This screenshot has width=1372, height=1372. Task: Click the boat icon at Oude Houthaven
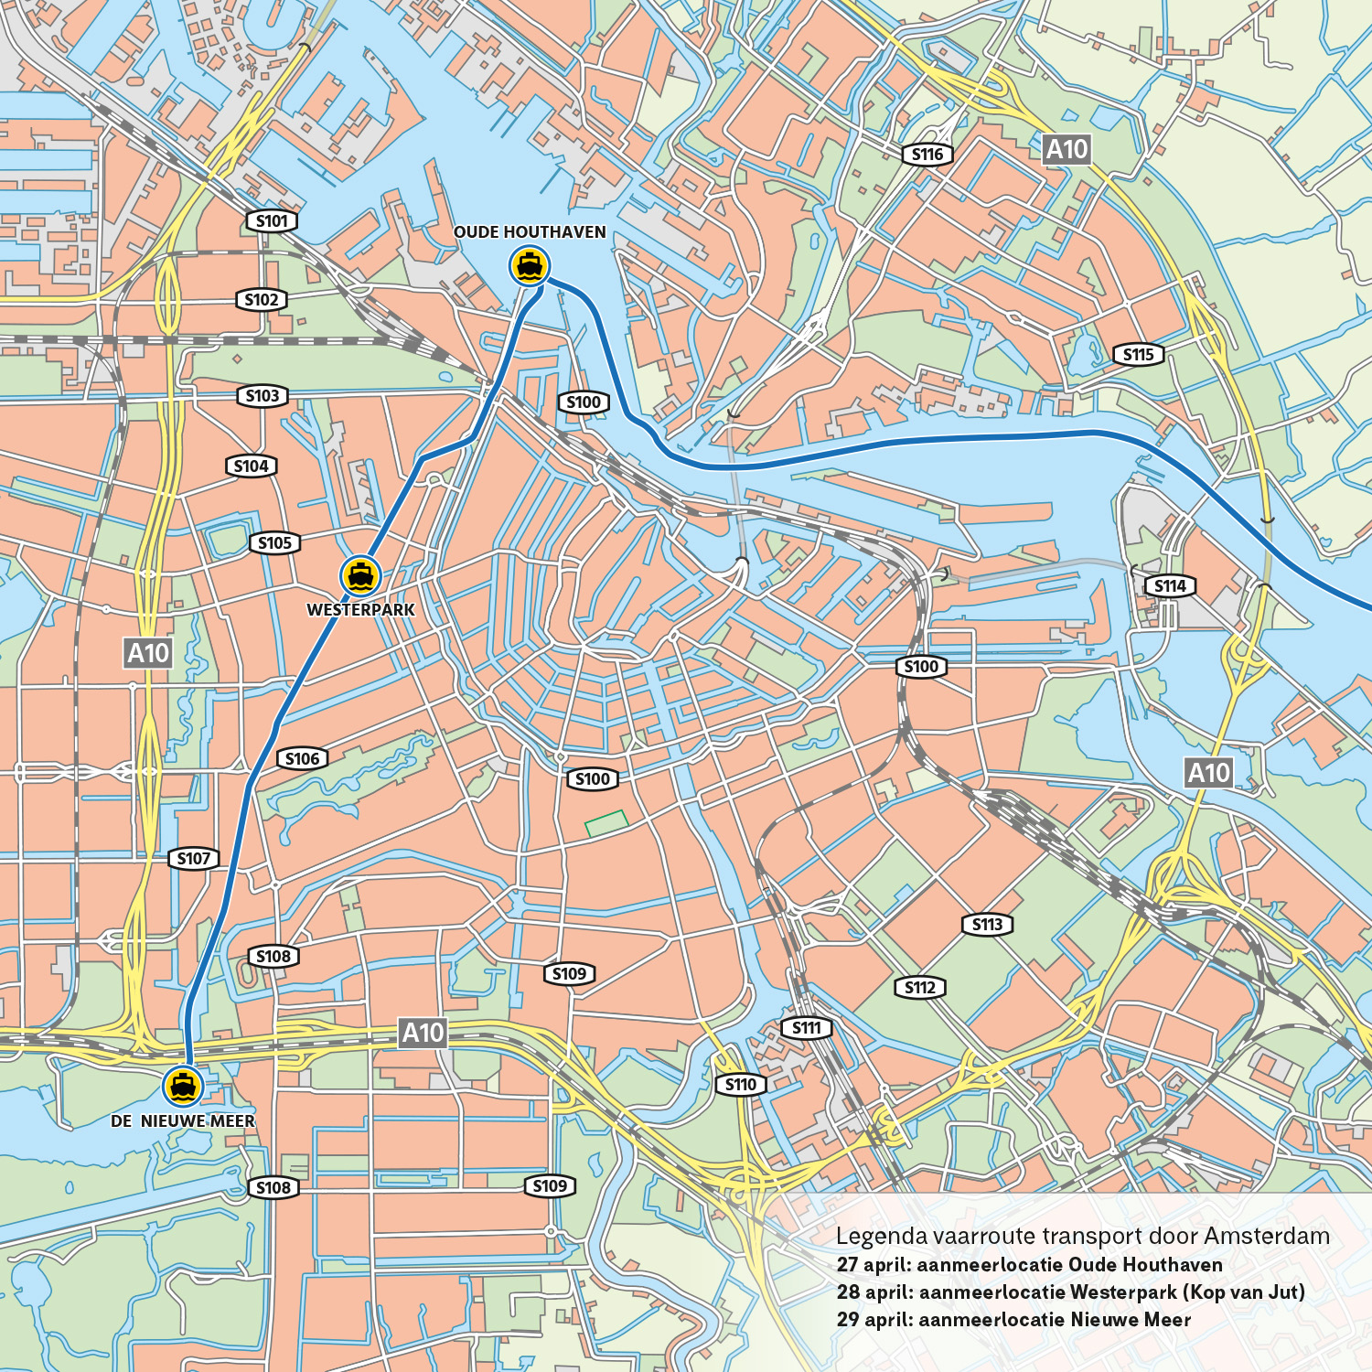pyautogui.click(x=530, y=266)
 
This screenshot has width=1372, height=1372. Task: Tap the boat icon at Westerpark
pyautogui.click(x=361, y=575)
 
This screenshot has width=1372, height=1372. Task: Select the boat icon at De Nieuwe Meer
pyautogui.click(x=183, y=1086)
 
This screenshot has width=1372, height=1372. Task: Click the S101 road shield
pyautogui.click(x=272, y=220)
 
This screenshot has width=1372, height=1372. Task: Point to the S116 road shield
pyautogui.click(x=927, y=155)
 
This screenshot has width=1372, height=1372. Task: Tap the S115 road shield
pyautogui.click(x=1138, y=355)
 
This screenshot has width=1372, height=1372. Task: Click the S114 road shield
pyautogui.click(x=1170, y=586)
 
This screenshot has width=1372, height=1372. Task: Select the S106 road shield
pyautogui.click(x=302, y=758)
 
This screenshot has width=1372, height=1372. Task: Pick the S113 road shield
pyautogui.click(x=987, y=925)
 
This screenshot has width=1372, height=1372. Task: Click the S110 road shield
pyautogui.click(x=740, y=1085)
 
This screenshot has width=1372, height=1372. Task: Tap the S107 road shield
pyautogui.click(x=193, y=859)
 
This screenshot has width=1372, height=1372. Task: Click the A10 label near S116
pyautogui.click(x=1067, y=149)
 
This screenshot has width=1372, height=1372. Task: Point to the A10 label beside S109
pyautogui.click(x=423, y=1033)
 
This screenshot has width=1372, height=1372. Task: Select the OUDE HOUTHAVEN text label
pyautogui.click(x=530, y=232)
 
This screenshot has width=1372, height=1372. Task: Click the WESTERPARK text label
pyautogui.click(x=360, y=610)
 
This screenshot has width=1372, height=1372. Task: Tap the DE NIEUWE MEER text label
pyautogui.click(x=183, y=1121)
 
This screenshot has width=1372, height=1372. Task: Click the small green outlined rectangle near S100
pyautogui.click(x=606, y=823)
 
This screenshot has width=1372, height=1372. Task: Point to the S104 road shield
pyautogui.click(x=251, y=466)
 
